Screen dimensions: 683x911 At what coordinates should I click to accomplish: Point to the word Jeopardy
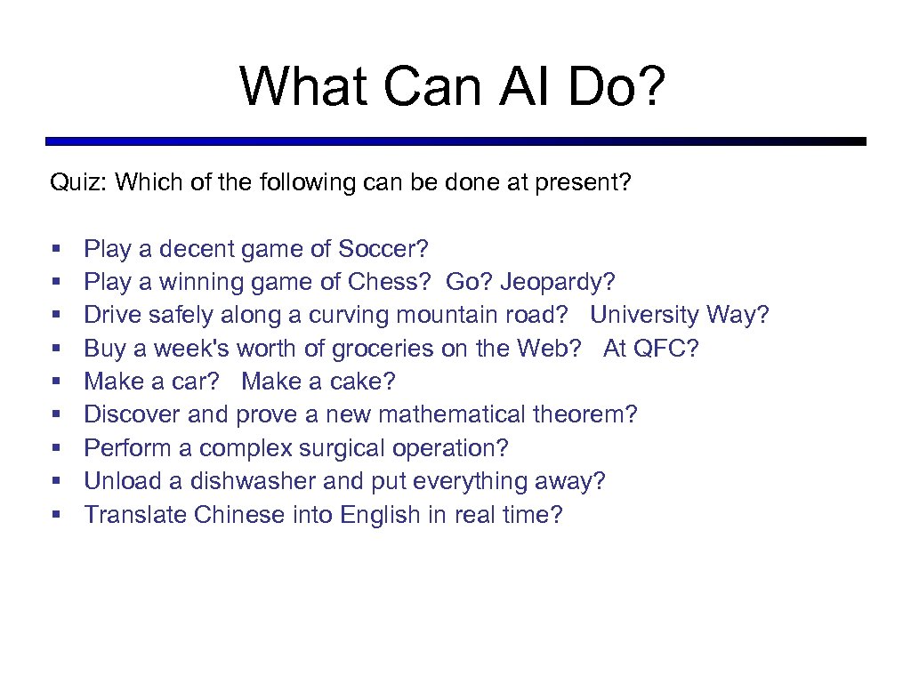coord(556,283)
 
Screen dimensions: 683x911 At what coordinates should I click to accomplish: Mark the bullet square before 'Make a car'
coord(57,382)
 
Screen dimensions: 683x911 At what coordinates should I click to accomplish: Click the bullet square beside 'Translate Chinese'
coord(57,516)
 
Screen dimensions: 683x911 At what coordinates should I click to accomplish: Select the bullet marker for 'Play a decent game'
coord(57,250)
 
